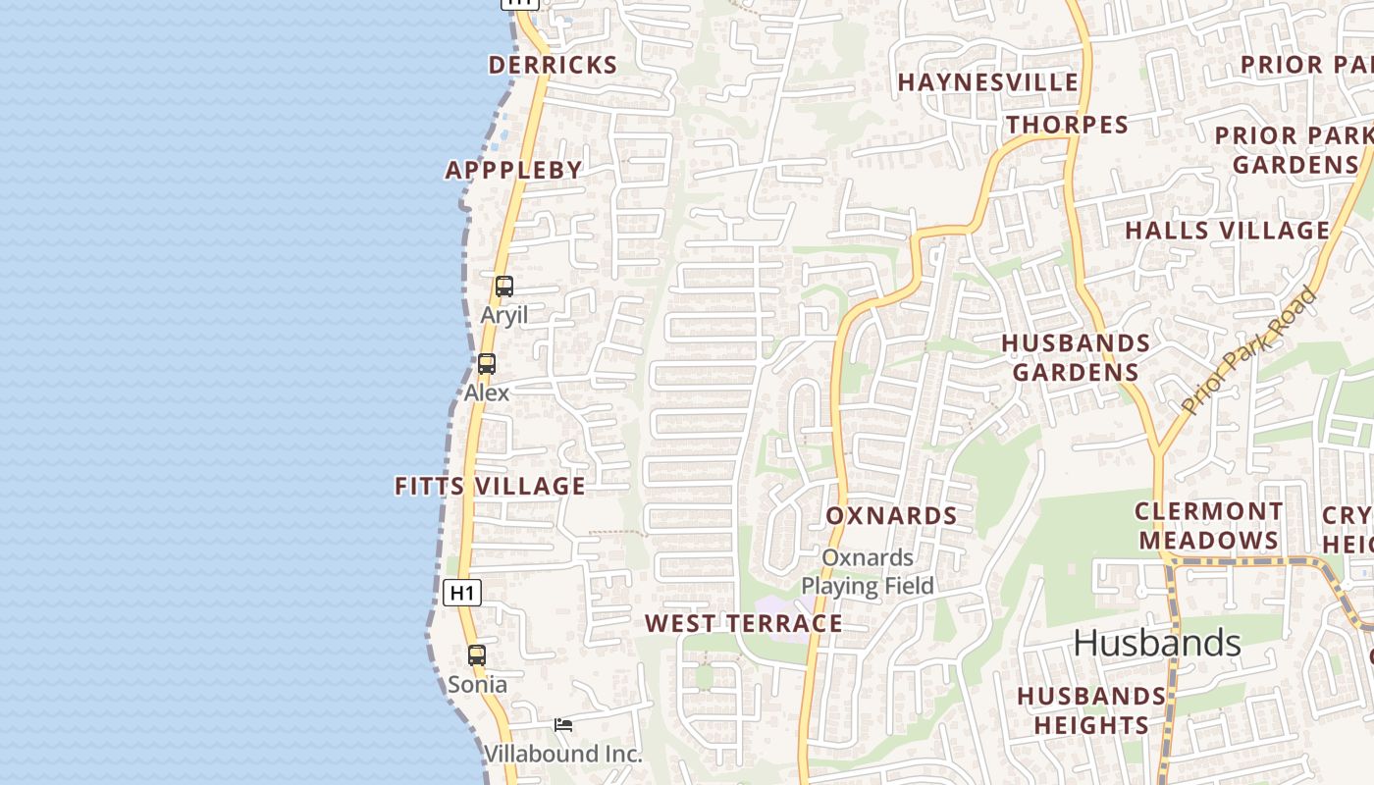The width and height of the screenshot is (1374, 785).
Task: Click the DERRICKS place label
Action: point(553,66)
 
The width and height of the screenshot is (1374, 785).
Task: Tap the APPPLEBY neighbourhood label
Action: point(514,170)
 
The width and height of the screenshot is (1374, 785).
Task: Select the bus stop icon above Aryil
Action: point(503,287)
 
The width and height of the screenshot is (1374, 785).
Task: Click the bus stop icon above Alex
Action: point(487,364)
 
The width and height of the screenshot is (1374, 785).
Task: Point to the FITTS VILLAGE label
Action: point(490,486)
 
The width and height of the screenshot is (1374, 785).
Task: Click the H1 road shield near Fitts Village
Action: point(462,593)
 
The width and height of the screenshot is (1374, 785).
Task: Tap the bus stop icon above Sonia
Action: point(477,655)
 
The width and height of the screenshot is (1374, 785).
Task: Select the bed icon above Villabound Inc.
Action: point(563,725)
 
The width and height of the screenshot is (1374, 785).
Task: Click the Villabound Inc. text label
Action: point(563,754)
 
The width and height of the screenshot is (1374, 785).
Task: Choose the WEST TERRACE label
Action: point(743,623)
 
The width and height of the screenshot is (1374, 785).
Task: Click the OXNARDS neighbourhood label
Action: point(891,516)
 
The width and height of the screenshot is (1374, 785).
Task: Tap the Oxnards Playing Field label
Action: point(868,572)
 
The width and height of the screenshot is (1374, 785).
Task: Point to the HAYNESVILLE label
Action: point(987,82)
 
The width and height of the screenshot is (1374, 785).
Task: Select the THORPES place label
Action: point(1067,125)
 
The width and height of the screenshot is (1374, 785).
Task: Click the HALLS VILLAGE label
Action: point(1227,231)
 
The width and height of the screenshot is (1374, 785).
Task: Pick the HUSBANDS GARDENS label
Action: point(1076,357)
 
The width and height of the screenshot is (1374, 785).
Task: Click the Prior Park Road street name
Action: point(1249,350)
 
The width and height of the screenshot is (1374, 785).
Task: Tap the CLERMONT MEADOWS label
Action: point(1208,526)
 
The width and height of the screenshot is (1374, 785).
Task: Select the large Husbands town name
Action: point(1157,644)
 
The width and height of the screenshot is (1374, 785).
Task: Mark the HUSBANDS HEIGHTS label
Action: point(1090,710)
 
